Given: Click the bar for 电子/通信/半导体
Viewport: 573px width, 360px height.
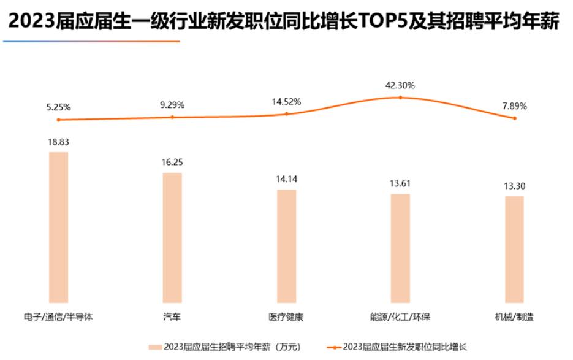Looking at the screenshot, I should (x=59, y=227).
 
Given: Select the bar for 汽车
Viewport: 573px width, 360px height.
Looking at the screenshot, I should (x=172, y=237).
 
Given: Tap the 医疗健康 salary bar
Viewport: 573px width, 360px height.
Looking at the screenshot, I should (x=286, y=246).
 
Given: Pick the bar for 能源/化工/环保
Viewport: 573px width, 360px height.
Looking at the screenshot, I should (x=400, y=248).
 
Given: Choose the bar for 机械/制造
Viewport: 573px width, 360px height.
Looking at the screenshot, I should (x=514, y=249).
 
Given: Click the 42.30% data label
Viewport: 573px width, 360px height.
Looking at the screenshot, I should (x=400, y=85).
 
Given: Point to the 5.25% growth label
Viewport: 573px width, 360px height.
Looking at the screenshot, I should (x=59, y=107).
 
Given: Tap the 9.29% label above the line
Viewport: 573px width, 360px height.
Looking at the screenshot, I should (x=172, y=105).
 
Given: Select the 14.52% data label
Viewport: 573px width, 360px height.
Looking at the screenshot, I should (x=286, y=102).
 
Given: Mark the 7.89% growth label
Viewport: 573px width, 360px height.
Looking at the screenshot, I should (x=514, y=106).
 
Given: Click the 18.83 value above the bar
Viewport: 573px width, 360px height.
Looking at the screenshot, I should (x=59, y=142).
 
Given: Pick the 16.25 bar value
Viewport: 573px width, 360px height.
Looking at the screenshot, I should (x=172, y=163).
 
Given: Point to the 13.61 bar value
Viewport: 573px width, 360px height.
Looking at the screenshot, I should (x=400, y=184).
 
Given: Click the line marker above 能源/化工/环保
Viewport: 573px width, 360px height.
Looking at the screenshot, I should (x=400, y=97).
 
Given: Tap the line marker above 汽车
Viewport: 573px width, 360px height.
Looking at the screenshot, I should (x=172, y=117).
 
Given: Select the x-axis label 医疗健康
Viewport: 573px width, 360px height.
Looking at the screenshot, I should (x=286, y=317).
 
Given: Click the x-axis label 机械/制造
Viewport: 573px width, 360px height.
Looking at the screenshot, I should (x=514, y=317).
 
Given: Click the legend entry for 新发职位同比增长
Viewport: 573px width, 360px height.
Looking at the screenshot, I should (x=398, y=347).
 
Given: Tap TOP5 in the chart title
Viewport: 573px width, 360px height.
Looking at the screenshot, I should (x=379, y=22).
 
